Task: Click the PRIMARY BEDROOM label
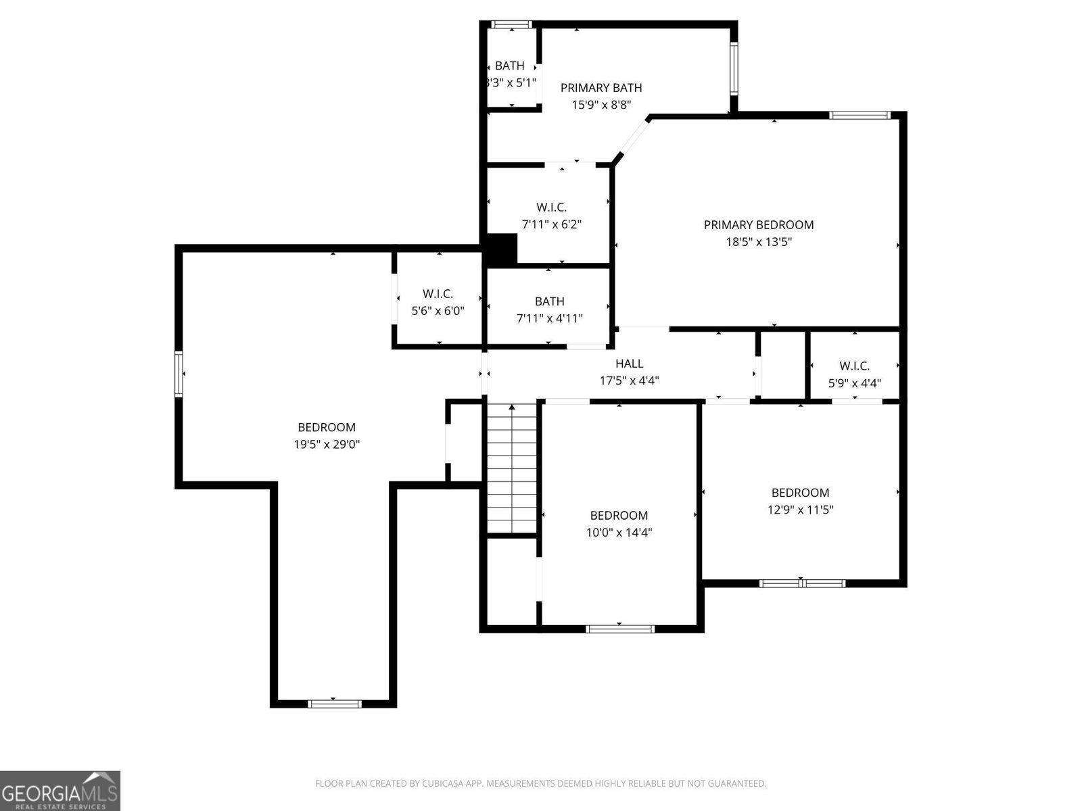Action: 758,225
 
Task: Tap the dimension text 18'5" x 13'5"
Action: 758,242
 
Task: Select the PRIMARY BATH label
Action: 601,88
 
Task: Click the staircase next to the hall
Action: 513,468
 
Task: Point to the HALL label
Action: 629,364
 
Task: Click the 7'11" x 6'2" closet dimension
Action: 551,224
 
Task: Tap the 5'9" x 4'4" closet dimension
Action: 854,383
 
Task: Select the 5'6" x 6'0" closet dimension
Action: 438,311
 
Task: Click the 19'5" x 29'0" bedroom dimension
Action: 327,445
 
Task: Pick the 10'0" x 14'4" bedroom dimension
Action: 619,533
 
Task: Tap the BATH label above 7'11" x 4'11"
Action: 549,301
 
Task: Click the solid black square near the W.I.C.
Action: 502,249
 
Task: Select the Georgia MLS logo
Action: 60,790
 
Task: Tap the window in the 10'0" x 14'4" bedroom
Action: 620,629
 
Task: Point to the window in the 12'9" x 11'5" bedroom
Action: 801,583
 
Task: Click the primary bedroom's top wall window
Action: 860,116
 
